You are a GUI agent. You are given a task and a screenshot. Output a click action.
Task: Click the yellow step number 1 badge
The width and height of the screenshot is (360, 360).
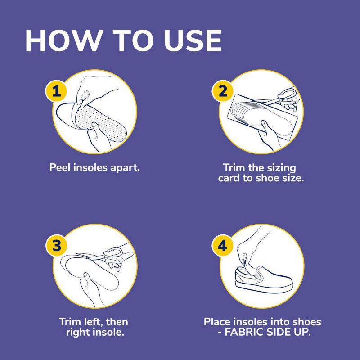(56, 91)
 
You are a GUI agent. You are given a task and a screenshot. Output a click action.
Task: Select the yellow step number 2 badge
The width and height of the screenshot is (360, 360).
(222, 91)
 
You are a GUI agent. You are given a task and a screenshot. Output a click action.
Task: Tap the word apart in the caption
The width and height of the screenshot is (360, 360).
(127, 168)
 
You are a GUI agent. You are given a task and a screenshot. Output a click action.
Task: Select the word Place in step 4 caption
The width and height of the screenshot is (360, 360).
(218, 322)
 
